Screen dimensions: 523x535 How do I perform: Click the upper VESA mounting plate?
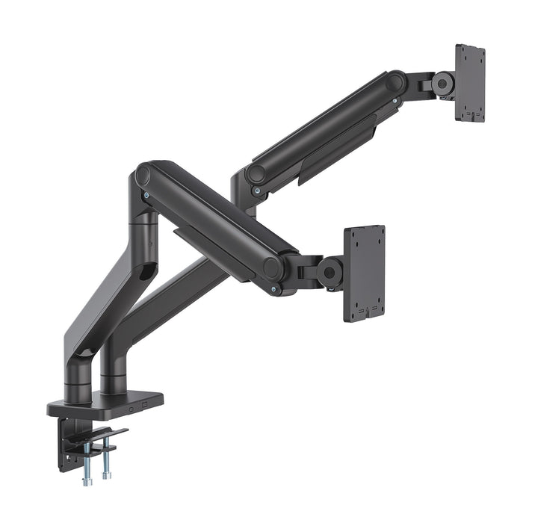click(470, 83)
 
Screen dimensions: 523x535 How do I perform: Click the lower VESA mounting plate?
click(365, 273)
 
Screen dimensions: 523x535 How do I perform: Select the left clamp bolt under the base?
click(87, 464)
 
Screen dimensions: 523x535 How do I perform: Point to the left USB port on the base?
click(132, 409)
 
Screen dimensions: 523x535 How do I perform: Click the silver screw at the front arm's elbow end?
click(146, 196)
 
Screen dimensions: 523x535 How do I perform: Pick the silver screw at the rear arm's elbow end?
click(257, 191)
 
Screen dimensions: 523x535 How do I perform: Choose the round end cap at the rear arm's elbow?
click(256, 173)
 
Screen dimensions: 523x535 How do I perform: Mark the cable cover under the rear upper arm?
click(336, 149)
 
